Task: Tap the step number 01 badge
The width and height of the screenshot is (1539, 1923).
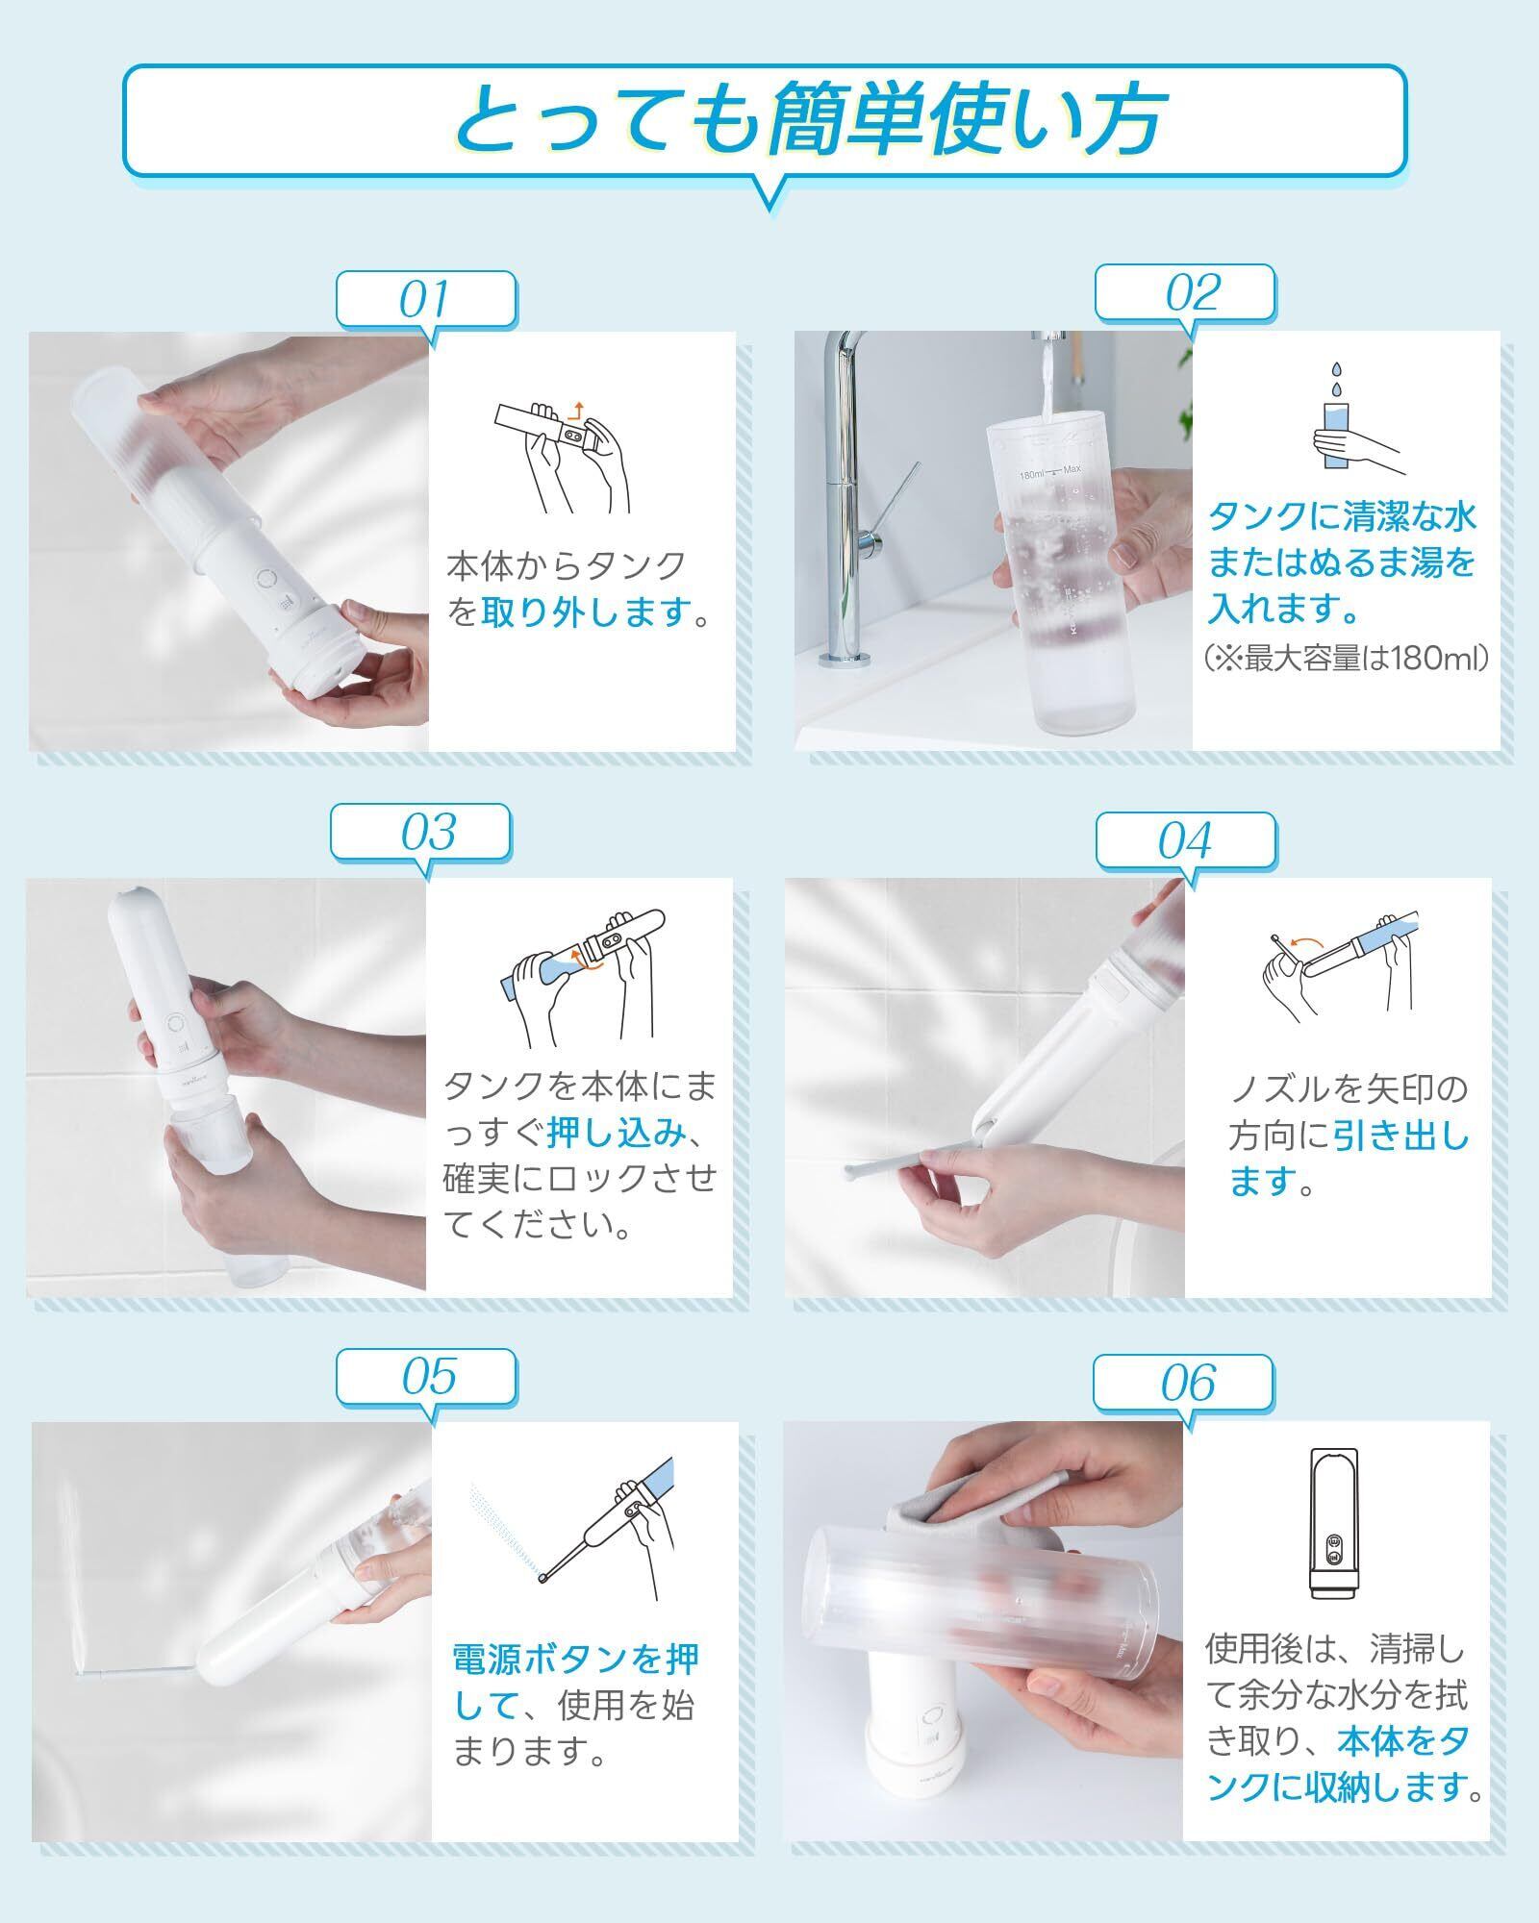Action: click(x=425, y=298)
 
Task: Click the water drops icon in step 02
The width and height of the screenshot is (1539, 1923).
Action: click(x=1336, y=378)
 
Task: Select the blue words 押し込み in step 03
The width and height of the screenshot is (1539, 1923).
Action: click(x=617, y=1135)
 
